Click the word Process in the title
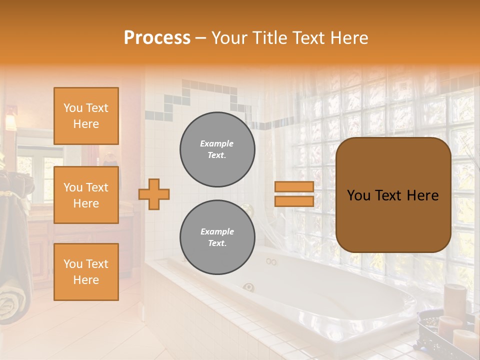point(157,38)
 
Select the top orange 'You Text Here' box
point(86,116)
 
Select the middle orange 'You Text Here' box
point(86,195)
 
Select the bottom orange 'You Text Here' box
point(86,271)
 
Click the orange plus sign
point(154,194)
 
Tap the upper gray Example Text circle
point(217,149)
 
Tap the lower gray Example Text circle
point(217,237)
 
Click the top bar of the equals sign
point(294,187)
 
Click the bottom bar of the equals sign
point(294,201)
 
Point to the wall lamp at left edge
point(10,119)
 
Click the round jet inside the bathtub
point(248,287)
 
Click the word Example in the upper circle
point(217,143)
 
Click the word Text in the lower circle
point(217,243)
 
